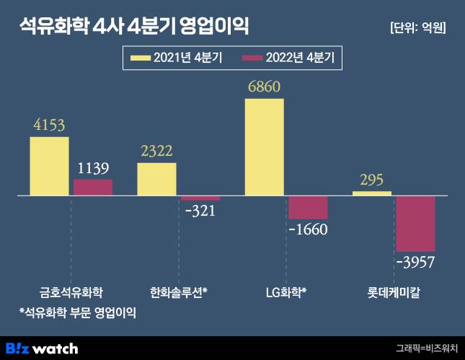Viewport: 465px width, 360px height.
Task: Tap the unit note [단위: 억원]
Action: pos(417,28)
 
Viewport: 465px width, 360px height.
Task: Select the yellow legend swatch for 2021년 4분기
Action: pos(140,56)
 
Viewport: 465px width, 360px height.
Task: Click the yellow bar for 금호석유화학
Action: pos(49,166)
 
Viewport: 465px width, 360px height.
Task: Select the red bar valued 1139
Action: pos(93,188)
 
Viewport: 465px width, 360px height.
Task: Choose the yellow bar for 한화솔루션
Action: pos(156,179)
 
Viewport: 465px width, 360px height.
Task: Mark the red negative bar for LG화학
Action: pos(308,208)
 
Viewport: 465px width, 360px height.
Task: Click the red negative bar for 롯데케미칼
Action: pos(416,223)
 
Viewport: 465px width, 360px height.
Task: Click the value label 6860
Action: pos(264,87)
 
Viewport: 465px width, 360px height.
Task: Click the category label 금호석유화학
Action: pos(71,293)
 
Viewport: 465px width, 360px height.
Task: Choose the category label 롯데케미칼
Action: pos(394,293)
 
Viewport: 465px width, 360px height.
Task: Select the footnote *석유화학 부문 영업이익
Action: pos(78,313)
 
